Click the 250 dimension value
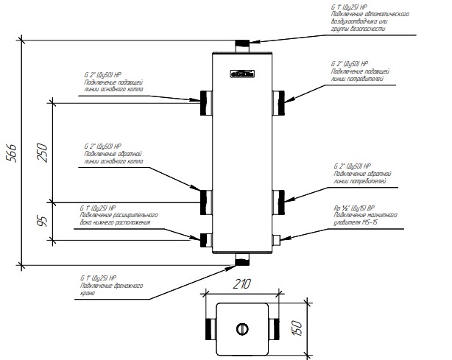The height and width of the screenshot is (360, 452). coord(42,152)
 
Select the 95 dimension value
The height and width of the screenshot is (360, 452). coord(42,219)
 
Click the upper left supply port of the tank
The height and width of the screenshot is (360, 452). coord(205,102)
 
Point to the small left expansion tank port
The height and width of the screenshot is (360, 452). coord(206,238)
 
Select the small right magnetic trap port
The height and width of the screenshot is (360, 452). coord(278,238)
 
